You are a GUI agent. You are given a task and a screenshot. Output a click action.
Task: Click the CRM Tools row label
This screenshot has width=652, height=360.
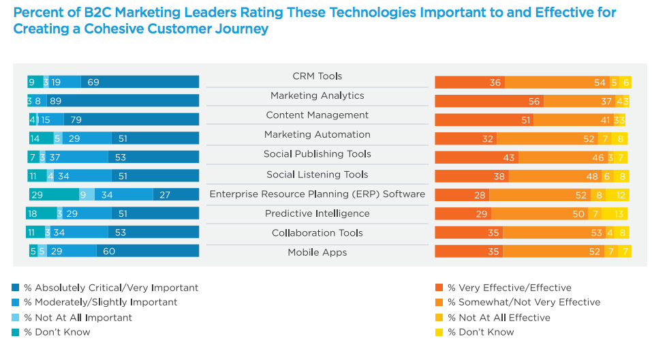point(317,76)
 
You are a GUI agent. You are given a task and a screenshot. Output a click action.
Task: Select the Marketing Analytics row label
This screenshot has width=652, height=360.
point(317,96)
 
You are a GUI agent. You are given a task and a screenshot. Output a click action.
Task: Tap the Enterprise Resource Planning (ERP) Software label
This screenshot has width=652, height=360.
point(317,194)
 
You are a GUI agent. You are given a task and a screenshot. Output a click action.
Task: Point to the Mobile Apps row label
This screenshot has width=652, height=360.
point(317,252)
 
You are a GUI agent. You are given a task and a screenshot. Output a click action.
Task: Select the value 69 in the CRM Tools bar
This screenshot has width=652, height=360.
point(93,82)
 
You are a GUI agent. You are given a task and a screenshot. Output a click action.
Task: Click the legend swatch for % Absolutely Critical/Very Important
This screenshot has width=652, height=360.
point(16,288)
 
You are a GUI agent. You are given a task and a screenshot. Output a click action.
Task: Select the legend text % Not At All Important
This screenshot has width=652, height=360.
point(78,318)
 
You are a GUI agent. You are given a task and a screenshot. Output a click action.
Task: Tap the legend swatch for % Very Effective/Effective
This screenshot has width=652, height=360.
point(439,288)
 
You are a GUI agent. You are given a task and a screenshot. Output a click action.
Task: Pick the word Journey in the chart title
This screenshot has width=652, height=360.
point(241,29)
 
